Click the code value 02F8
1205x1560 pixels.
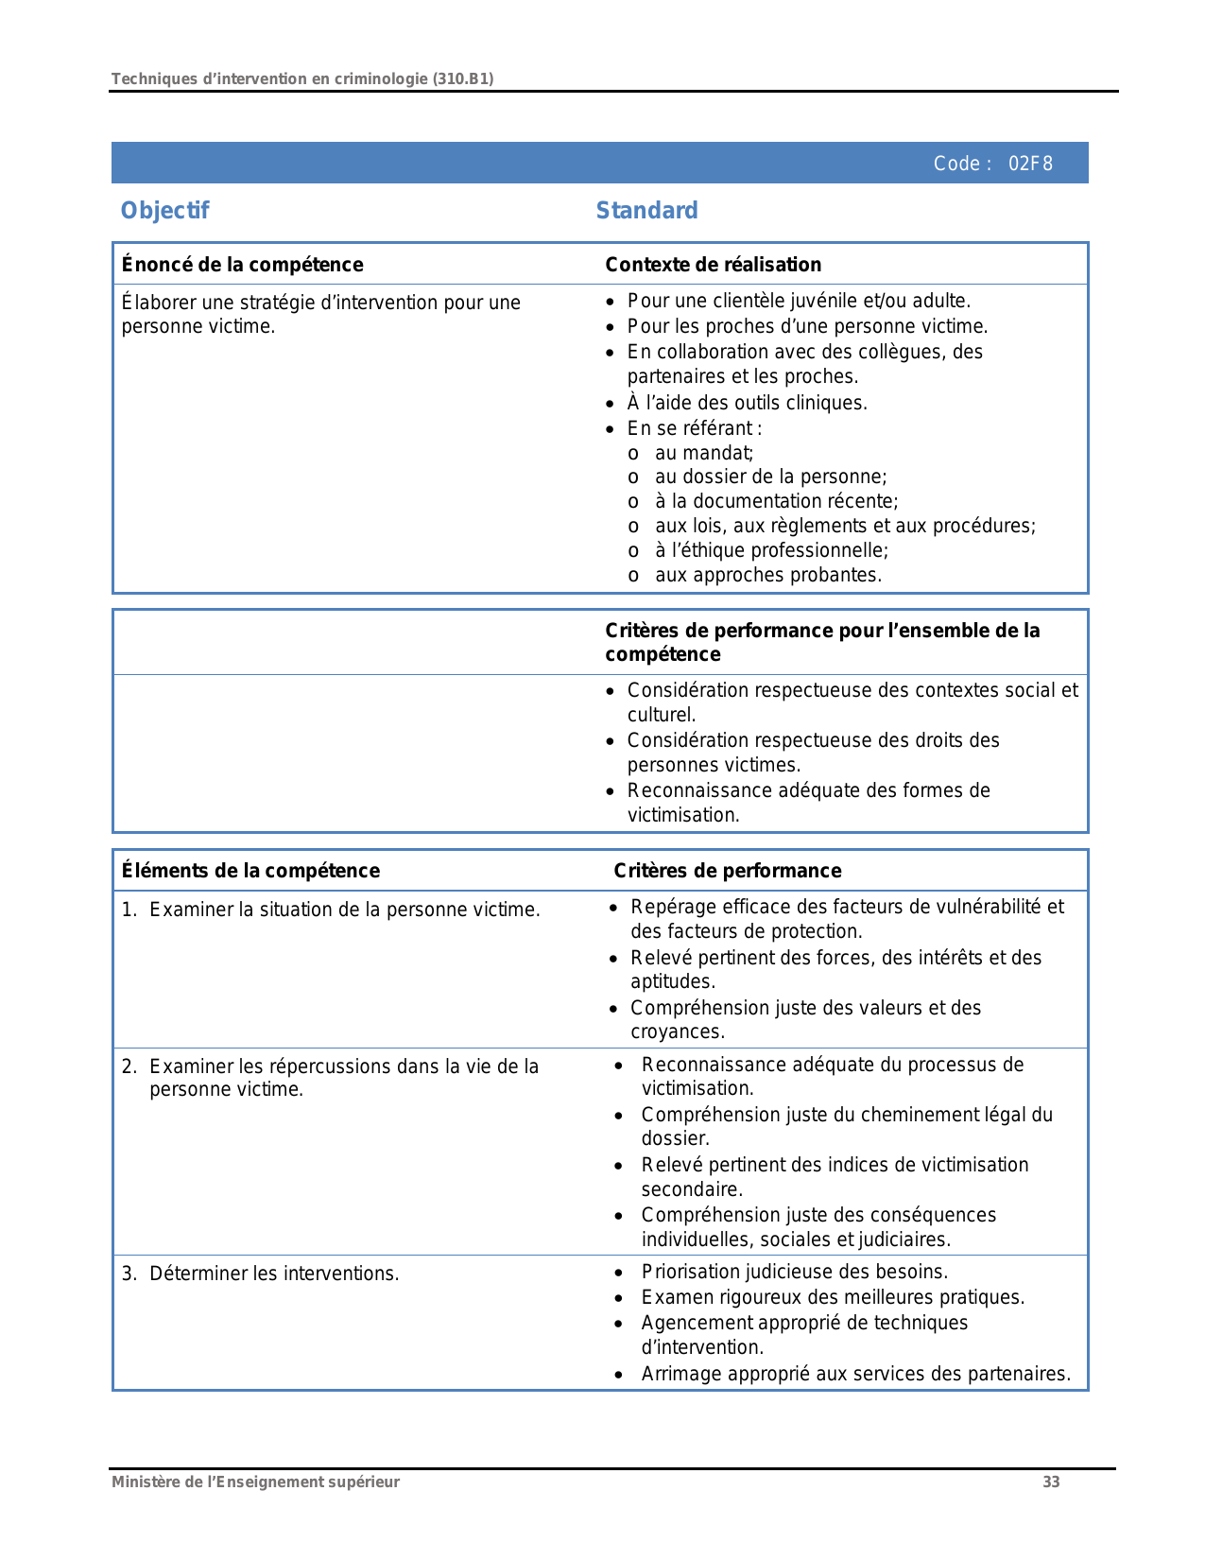(x=1029, y=164)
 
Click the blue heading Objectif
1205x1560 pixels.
(x=164, y=211)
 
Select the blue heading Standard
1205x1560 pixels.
(x=646, y=211)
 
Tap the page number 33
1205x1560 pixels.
(x=1051, y=1482)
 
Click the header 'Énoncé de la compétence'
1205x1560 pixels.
(x=242, y=265)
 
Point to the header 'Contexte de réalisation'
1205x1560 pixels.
(x=713, y=265)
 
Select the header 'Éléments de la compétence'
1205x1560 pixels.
(x=250, y=871)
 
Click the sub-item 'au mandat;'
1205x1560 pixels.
(x=704, y=453)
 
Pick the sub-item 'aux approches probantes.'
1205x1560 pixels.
(x=767, y=575)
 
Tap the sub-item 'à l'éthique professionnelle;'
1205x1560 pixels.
(x=771, y=550)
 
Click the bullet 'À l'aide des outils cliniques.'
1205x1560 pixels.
(x=747, y=403)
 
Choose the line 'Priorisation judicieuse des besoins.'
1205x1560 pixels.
(x=794, y=1272)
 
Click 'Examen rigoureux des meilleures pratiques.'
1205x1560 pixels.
(x=833, y=1297)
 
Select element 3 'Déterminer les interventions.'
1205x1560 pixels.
(x=274, y=1274)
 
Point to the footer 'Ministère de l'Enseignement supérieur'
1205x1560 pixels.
(x=255, y=1482)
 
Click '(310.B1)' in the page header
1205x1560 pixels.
(x=463, y=78)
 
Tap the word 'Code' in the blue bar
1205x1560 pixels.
(x=956, y=164)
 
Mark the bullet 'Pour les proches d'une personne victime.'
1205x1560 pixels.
(x=807, y=326)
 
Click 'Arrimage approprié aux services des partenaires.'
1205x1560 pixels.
(x=855, y=1374)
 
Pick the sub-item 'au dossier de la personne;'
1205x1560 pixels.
(x=770, y=477)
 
